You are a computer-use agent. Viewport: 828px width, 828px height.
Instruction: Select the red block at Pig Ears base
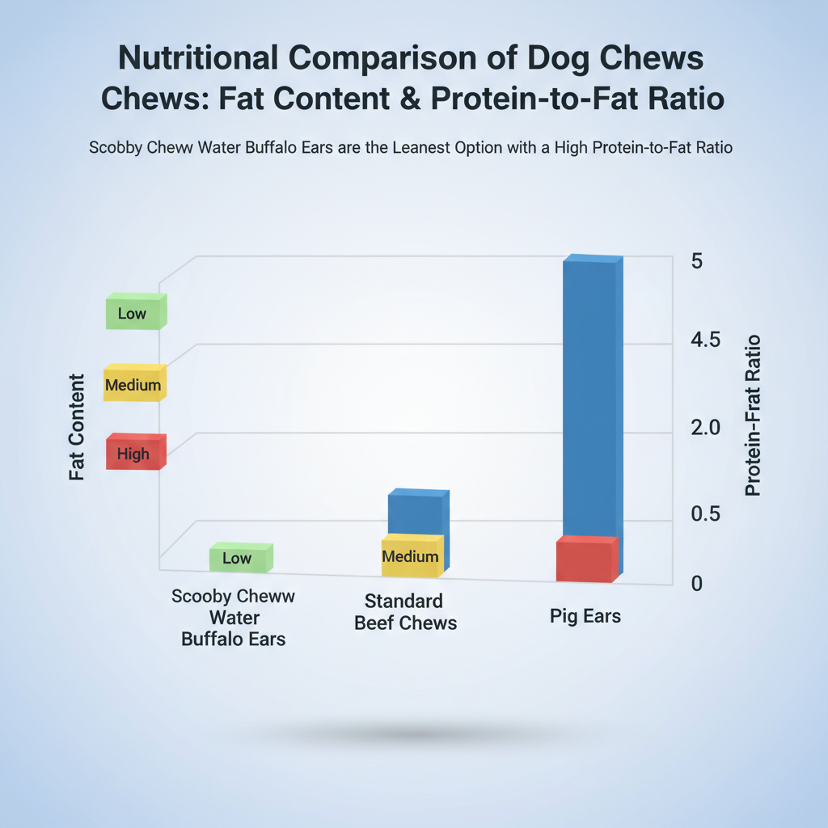coord(585,560)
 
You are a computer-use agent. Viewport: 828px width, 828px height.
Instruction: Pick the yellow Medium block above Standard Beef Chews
coord(411,556)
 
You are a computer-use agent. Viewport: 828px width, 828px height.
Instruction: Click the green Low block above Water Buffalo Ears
coord(239,558)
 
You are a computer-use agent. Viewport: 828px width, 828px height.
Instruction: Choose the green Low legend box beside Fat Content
coord(134,312)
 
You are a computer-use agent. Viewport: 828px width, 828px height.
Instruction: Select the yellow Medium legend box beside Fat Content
coord(134,384)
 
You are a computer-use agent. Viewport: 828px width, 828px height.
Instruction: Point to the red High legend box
coord(134,453)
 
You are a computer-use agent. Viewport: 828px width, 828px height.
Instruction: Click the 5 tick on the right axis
coord(697,262)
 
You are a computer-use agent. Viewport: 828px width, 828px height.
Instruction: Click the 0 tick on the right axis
coord(697,582)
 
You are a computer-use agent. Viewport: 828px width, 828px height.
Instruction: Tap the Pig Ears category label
coord(585,616)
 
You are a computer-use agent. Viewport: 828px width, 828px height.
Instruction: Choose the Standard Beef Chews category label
coord(404,612)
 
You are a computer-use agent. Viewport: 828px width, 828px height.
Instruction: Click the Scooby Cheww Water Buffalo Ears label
coord(233,618)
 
